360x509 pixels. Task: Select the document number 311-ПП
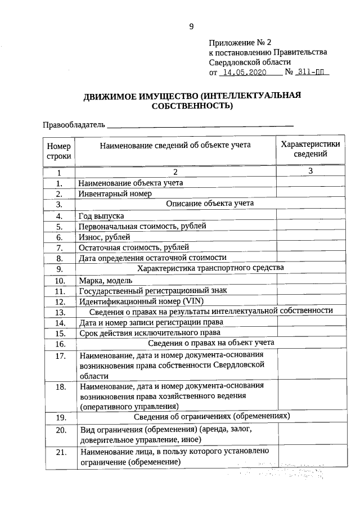click(313, 73)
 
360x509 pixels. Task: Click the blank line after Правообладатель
click(200, 124)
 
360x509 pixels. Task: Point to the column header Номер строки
click(58, 150)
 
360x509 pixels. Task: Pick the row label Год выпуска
click(102, 215)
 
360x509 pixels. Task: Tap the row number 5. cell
click(58, 226)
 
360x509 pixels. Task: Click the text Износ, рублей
click(105, 237)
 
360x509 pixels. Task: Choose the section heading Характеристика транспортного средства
click(210, 268)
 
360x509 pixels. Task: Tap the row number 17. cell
click(58, 356)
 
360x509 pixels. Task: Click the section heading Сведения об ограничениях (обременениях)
click(212, 417)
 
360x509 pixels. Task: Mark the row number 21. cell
click(58, 452)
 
